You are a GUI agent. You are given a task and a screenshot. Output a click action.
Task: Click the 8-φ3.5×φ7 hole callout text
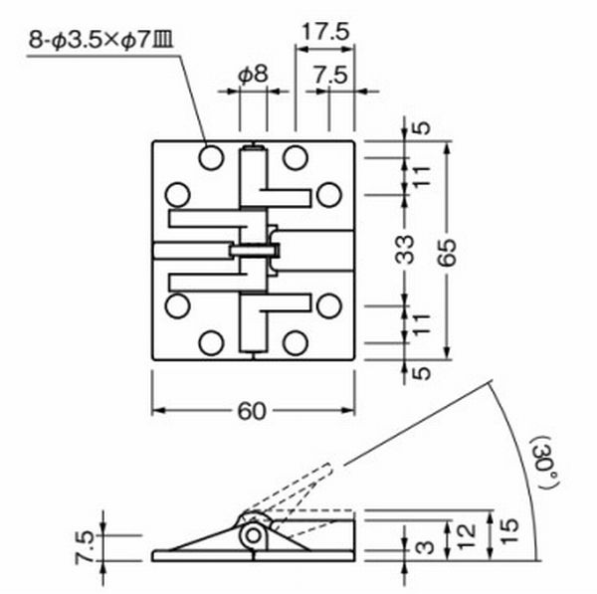(100, 40)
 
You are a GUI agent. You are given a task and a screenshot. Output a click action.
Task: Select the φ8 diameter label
(254, 74)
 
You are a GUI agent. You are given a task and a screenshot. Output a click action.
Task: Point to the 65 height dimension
(449, 252)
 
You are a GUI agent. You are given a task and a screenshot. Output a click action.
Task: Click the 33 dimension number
(404, 250)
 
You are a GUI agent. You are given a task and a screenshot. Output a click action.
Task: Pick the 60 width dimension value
(252, 411)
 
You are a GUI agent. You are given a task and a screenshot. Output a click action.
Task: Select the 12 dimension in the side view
(467, 537)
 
